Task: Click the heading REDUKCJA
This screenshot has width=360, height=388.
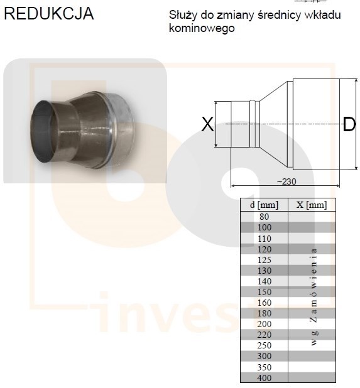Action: [49, 13]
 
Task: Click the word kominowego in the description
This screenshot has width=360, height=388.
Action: [202, 28]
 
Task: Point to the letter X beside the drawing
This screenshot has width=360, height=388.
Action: [207, 124]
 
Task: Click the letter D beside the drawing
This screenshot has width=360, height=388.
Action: [349, 124]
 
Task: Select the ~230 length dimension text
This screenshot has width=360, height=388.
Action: [286, 181]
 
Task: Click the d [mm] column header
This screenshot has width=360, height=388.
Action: [264, 205]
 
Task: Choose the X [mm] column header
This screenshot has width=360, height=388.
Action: [312, 205]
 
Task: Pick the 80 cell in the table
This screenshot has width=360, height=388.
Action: [264, 217]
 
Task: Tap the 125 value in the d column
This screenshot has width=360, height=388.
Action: [265, 260]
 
